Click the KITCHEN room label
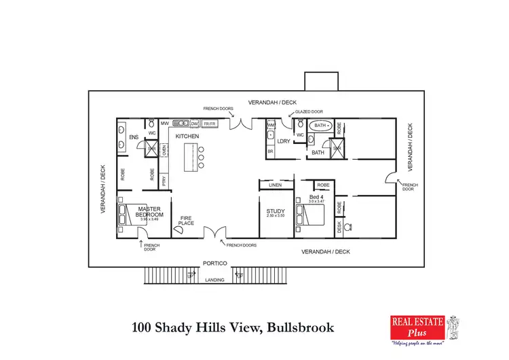pos(187,137)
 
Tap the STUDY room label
pos(276,211)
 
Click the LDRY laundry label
pos(284,141)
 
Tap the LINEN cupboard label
pos(275,185)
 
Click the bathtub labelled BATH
pos(320,126)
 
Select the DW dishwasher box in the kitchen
pos(194,124)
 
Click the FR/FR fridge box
pos(209,124)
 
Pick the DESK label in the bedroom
pos(339,228)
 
